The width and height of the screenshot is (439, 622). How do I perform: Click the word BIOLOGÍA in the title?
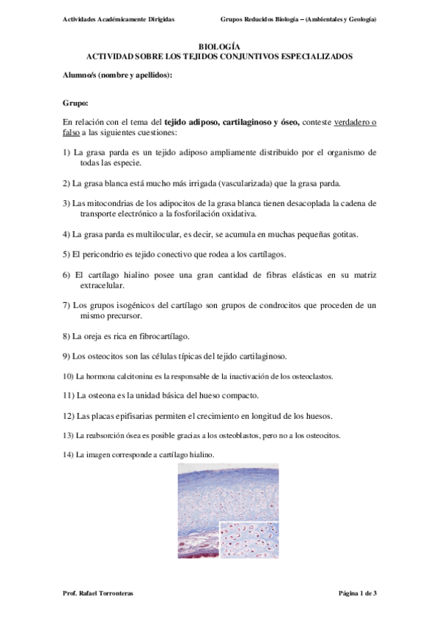(x=219, y=45)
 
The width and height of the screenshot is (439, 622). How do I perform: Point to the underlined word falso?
(x=72, y=133)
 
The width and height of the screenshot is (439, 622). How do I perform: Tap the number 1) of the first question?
(x=67, y=152)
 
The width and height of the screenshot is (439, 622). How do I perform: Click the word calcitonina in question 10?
(x=128, y=376)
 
